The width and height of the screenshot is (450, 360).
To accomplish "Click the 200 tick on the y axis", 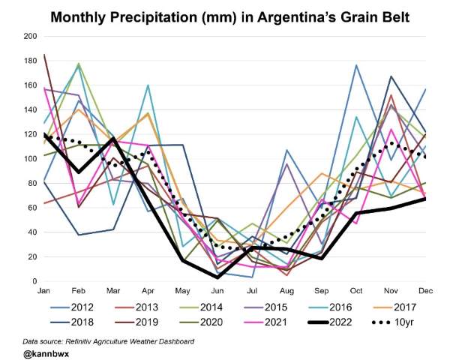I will (31, 36).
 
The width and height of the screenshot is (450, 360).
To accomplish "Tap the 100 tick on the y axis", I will (31, 159).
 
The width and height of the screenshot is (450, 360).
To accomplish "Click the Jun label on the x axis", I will (217, 288).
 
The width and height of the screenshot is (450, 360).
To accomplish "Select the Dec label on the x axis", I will (425, 288).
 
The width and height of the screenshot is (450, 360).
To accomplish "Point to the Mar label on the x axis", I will (113, 288).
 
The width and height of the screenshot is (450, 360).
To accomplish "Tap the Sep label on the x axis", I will (321, 288).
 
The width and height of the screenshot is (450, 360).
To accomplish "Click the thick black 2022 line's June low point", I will (217, 277).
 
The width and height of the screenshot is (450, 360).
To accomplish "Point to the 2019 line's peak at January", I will (45, 55).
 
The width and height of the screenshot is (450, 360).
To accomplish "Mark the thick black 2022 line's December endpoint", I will (424, 199).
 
